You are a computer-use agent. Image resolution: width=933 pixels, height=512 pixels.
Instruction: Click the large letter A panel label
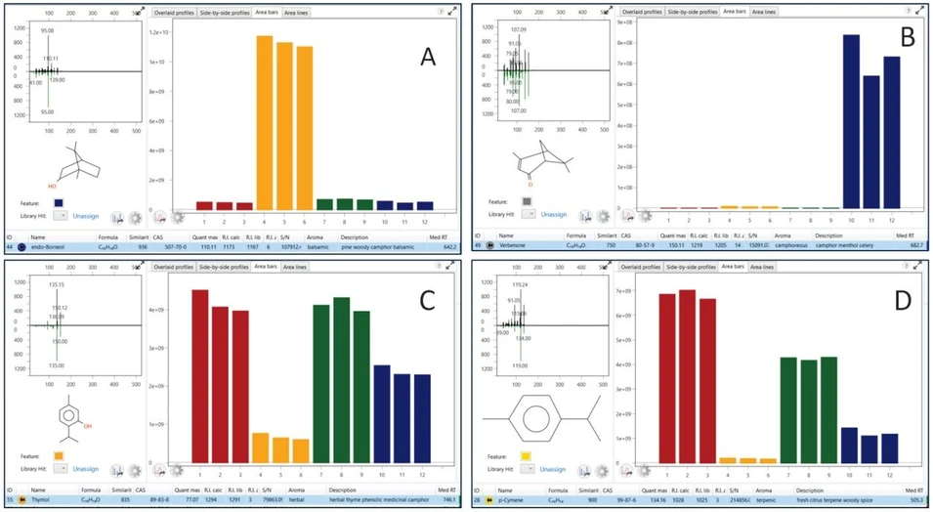[427, 58]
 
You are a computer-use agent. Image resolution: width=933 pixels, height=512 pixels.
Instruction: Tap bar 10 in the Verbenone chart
[851, 121]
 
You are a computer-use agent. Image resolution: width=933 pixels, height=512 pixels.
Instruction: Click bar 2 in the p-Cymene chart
[687, 376]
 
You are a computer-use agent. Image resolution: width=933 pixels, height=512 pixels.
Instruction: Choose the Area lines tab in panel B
[764, 12]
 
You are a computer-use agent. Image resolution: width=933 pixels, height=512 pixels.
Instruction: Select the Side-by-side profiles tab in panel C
[225, 265]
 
